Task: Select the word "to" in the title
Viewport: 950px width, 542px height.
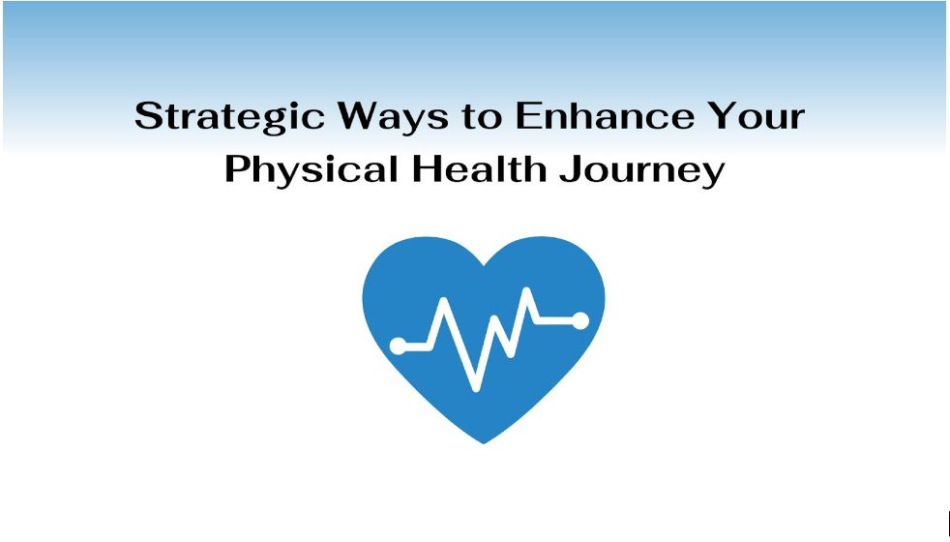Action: [483, 117]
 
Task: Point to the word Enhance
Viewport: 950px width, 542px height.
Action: [604, 116]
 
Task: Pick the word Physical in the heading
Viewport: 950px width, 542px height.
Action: [312, 170]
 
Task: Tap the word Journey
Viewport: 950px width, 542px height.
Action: [641, 171]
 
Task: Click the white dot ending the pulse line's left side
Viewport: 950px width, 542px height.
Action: [398, 346]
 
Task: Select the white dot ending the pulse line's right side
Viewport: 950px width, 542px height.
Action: [579, 320]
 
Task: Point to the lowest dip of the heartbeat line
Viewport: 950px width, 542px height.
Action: [476, 388]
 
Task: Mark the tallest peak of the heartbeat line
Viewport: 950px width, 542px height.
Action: [527, 291]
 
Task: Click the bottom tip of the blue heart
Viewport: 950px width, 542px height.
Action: [484, 442]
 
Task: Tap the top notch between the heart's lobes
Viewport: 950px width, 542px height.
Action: [484, 265]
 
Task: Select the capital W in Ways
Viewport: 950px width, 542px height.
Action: [361, 116]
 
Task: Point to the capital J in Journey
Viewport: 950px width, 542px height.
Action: [570, 169]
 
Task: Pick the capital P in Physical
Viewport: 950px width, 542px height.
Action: [237, 169]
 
